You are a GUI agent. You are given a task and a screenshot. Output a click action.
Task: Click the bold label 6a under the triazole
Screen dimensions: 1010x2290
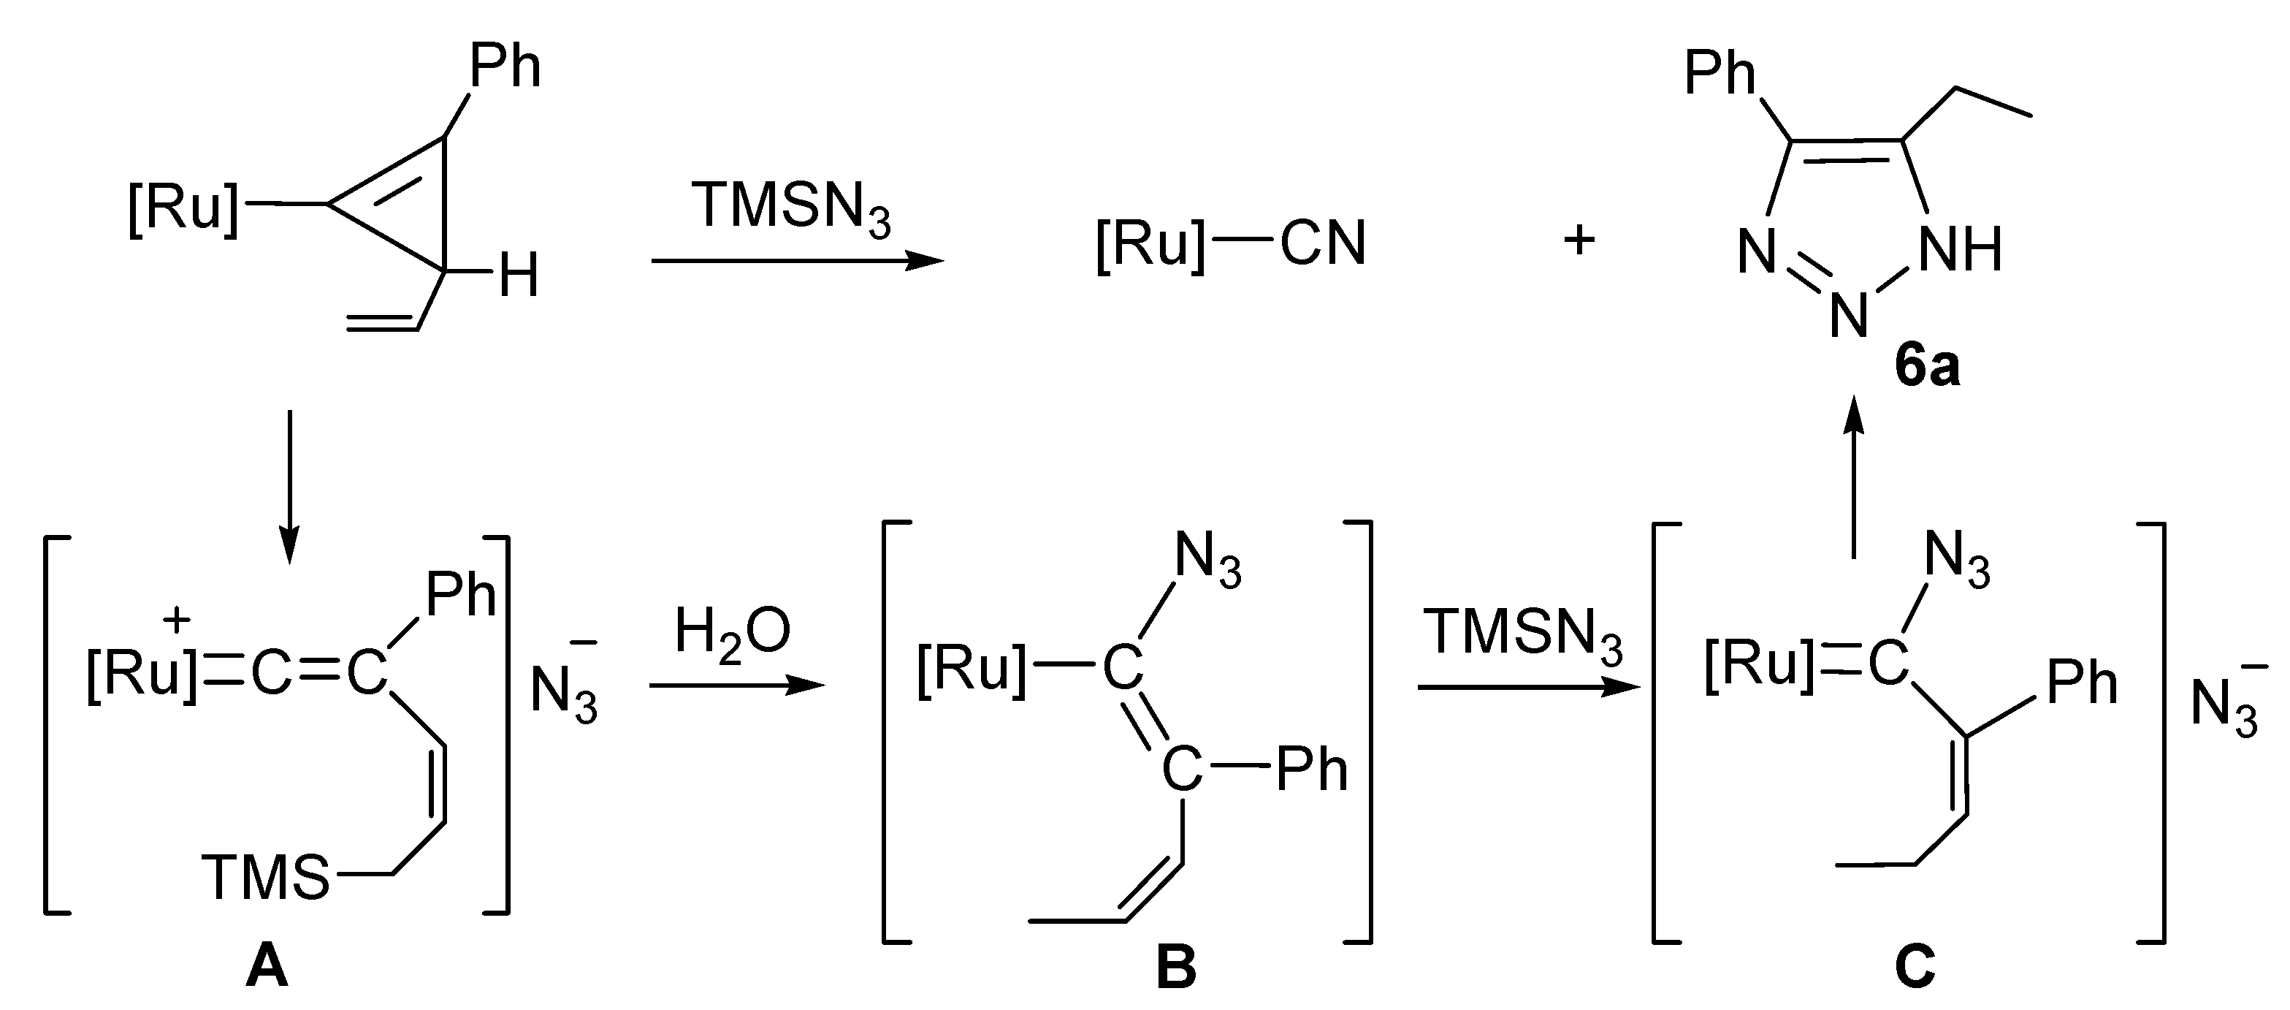coord(1926,366)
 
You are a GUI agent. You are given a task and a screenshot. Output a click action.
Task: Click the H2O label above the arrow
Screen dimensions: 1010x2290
coord(732,634)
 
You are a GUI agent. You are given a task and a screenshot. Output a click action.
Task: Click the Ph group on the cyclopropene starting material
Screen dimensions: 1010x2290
coord(504,66)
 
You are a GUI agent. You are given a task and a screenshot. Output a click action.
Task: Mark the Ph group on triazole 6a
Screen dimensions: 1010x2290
coord(1720,73)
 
